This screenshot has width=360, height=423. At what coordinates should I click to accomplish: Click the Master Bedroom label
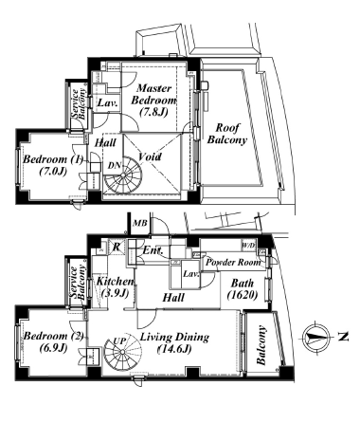click(x=153, y=101)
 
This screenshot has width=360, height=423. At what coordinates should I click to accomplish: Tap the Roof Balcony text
click(x=227, y=134)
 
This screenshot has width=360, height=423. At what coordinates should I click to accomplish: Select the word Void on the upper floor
click(x=150, y=156)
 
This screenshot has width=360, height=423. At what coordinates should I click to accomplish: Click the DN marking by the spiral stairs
click(x=114, y=165)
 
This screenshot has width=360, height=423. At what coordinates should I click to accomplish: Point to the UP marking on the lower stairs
click(x=119, y=341)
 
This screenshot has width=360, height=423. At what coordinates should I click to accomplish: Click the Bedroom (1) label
click(x=53, y=165)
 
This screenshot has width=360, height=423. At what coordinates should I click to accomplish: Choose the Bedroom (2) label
click(x=53, y=341)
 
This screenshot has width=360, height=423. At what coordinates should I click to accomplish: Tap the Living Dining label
click(x=174, y=342)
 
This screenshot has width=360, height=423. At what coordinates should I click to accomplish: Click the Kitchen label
click(x=115, y=286)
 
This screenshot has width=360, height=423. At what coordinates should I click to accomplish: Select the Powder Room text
click(x=233, y=262)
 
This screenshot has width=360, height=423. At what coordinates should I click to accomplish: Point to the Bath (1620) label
click(x=243, y=288)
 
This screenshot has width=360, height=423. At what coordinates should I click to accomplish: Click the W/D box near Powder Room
click(x=248, y=245)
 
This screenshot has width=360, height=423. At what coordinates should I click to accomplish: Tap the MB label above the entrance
click(x=140, y=223)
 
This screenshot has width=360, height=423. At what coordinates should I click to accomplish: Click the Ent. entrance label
click(x=153, y=250)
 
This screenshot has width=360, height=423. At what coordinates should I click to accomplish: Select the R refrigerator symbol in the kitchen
click(x=117, y=247)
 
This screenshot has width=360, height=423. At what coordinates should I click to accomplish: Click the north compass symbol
click(x=316, y=338)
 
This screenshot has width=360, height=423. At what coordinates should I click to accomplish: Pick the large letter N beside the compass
click(x=342, y=337)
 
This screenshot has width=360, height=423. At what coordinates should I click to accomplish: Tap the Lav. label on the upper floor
click(x=107, y=103)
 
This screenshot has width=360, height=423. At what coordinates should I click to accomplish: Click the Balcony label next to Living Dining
click(x=261, y=345)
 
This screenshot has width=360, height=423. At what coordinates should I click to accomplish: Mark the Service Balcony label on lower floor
click(x=78, y=283)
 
